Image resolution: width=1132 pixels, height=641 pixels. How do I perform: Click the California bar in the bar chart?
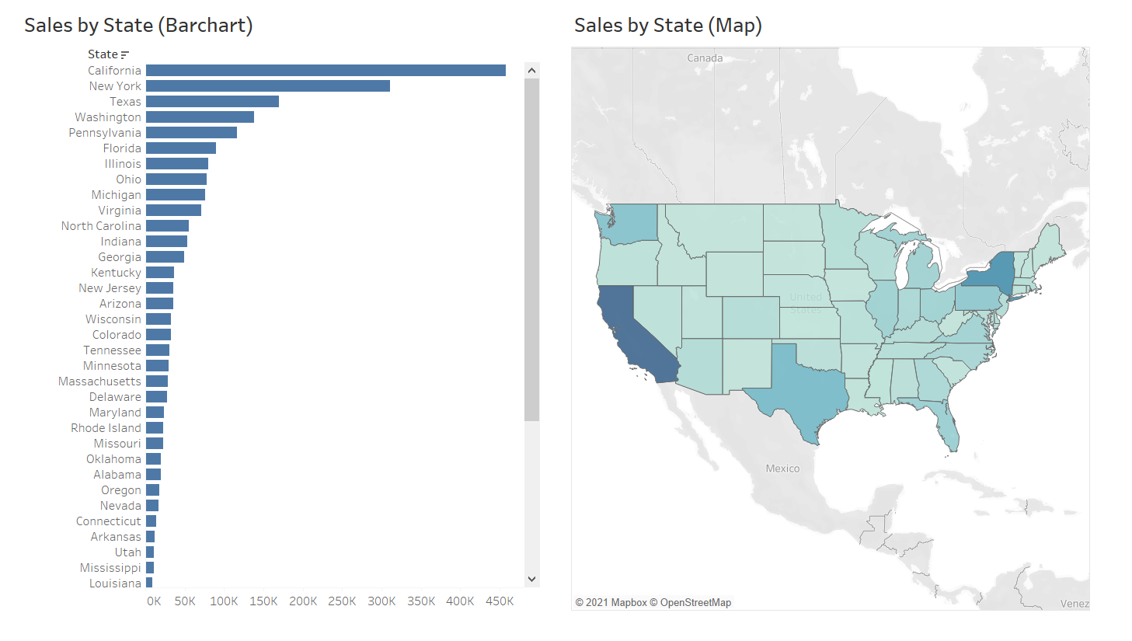(326, 71)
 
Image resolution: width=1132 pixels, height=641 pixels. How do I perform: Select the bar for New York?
(268, 86)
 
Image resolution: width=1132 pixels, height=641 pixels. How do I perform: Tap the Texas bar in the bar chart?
(212, 102)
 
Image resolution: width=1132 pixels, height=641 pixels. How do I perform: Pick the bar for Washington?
(200, 117)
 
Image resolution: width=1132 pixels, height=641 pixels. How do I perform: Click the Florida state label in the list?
(122, 148)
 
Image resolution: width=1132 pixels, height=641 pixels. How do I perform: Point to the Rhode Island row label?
(106, 428)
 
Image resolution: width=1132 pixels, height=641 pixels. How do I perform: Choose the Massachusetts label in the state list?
(99, 381)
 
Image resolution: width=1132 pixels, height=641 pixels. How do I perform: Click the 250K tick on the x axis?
(342, 601)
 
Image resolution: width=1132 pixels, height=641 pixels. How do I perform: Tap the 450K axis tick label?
(500, 601)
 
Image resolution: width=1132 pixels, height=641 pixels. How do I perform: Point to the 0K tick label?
(154, 601)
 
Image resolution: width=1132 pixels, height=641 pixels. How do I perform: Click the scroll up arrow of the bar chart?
(532, 71)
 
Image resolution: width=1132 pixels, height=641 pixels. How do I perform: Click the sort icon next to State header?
(125, 54)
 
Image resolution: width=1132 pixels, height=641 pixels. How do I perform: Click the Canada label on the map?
(705, 58)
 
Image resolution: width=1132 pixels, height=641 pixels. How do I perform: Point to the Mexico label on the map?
(782, 469)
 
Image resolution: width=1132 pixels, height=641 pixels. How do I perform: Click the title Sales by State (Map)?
(667, 26)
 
